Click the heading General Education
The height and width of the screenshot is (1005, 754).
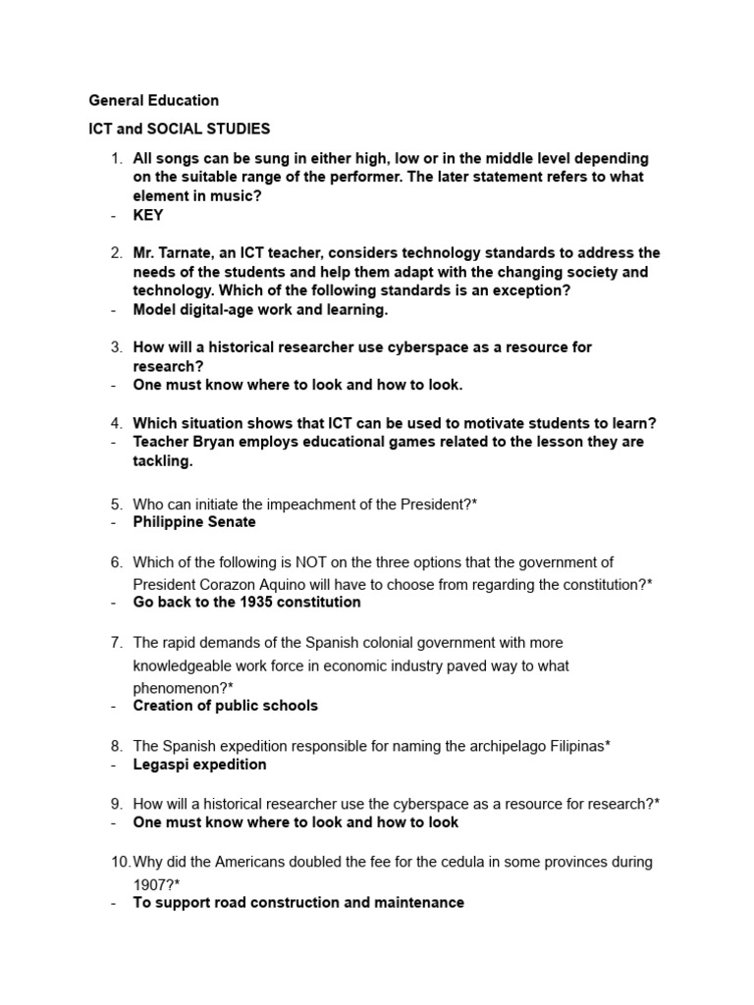pyautogui.click(x=154, y=100)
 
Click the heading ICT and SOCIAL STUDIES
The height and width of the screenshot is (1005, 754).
pyautogui.click(x=180, y=129)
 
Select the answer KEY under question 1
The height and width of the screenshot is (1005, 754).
pyautogui.click(x=148, y=215)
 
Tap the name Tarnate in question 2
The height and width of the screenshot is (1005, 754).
pyautogui.click(x=189, y=253)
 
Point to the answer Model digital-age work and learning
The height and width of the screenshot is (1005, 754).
pyautogui.click(x=261, y=310)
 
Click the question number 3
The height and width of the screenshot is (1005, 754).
pyautogui.click(x=116, y=347)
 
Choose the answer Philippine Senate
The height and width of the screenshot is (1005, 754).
pyautogui.click(x=194, y=522)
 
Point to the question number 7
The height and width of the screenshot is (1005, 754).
pyautogui.click(x=116, y=643)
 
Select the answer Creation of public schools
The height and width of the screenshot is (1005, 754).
pyautogui.click(x=226, y=706)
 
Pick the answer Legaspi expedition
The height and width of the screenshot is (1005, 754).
pyautogui.click(x=200, y=765)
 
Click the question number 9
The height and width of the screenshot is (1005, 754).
pyautogui.click(x=116, y=804)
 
